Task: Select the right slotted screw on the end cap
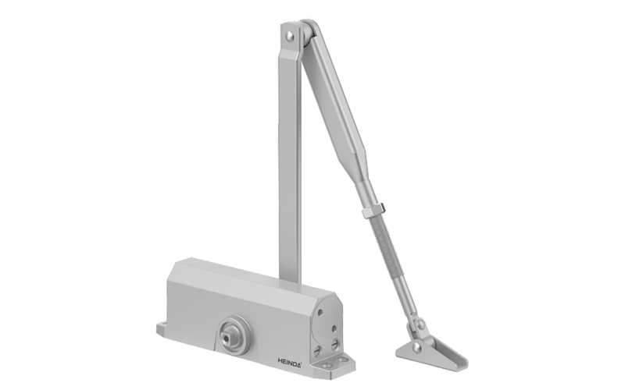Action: [x=336, y=342]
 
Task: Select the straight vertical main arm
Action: [x=290, y=156]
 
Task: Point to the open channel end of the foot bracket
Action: [x=454, y=356]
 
